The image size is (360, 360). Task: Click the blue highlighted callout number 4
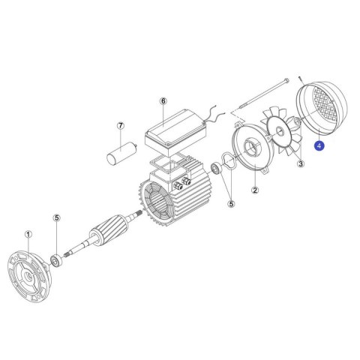319,145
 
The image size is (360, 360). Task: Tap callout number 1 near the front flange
28,235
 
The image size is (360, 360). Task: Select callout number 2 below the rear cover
255,190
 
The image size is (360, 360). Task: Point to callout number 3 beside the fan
301,163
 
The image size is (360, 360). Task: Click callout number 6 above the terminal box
163,101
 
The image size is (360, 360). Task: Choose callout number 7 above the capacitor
121,126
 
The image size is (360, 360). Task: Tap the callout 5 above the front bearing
57,218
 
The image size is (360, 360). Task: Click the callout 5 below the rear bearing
231,204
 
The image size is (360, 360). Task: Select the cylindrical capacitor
121,153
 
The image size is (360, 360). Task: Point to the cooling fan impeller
280,132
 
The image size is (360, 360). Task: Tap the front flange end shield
30,276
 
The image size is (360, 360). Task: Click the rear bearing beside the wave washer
216,169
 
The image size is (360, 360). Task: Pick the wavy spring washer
229,161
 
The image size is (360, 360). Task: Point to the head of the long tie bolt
286,80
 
